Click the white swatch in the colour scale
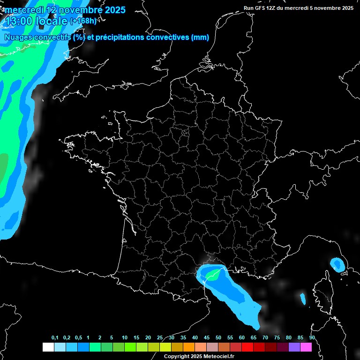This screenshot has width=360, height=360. (x=48, y=347)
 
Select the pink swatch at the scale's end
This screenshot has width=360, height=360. (x=306, y=347)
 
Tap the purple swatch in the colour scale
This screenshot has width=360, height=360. (x=294, y=347)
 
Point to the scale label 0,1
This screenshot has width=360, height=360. (x=55, y=338)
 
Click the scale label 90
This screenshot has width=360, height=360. (x=312, y=338)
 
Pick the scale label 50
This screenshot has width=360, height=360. (x=218, y=338)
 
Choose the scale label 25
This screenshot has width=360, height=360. (x=160, y=338)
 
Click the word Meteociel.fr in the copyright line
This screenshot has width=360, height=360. (x=219, y=357)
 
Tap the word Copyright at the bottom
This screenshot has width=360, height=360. (x=176, y=357)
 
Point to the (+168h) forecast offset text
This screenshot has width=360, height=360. (x=83, y=21)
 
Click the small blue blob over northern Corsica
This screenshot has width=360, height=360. (x=337, y=264)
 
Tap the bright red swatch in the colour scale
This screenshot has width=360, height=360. (x=247, y=347)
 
